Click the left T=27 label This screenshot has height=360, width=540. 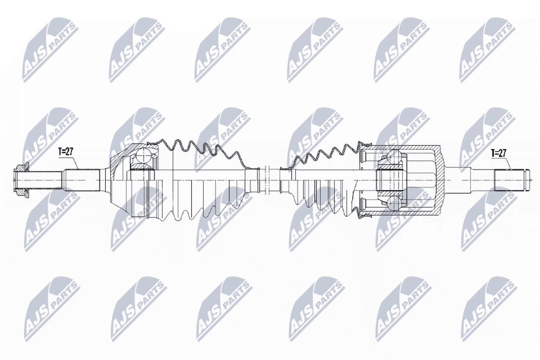click(66, 152)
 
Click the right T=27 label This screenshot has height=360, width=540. click(498, 153)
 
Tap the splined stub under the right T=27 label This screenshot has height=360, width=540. click(507, 180)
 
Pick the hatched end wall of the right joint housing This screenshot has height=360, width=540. click(439, 180)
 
